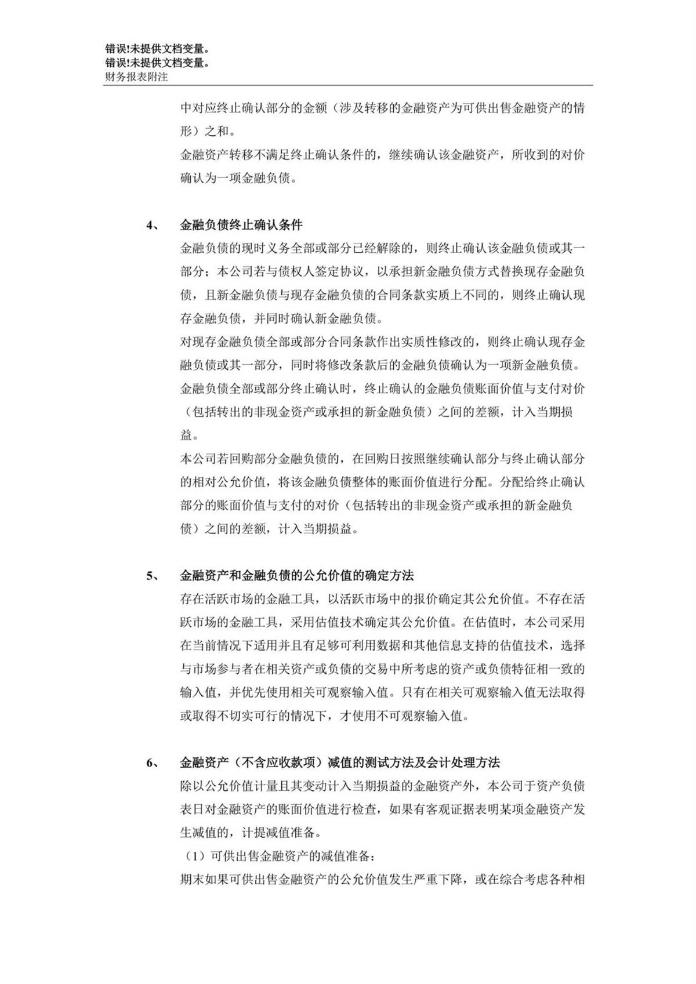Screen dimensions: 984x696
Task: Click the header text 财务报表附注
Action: pos(136,77)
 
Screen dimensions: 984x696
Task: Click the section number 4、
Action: pos(153,225)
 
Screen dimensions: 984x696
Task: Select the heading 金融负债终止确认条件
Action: pos(241,225)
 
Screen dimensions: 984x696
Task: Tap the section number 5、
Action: pos(153,576)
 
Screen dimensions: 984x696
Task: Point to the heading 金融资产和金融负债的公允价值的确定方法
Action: pos(296,576)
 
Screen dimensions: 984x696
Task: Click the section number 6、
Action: pos(153,762)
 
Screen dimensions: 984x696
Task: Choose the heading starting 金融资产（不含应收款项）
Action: pos(339,762)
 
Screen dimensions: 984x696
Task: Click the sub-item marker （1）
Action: pos(195,856)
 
